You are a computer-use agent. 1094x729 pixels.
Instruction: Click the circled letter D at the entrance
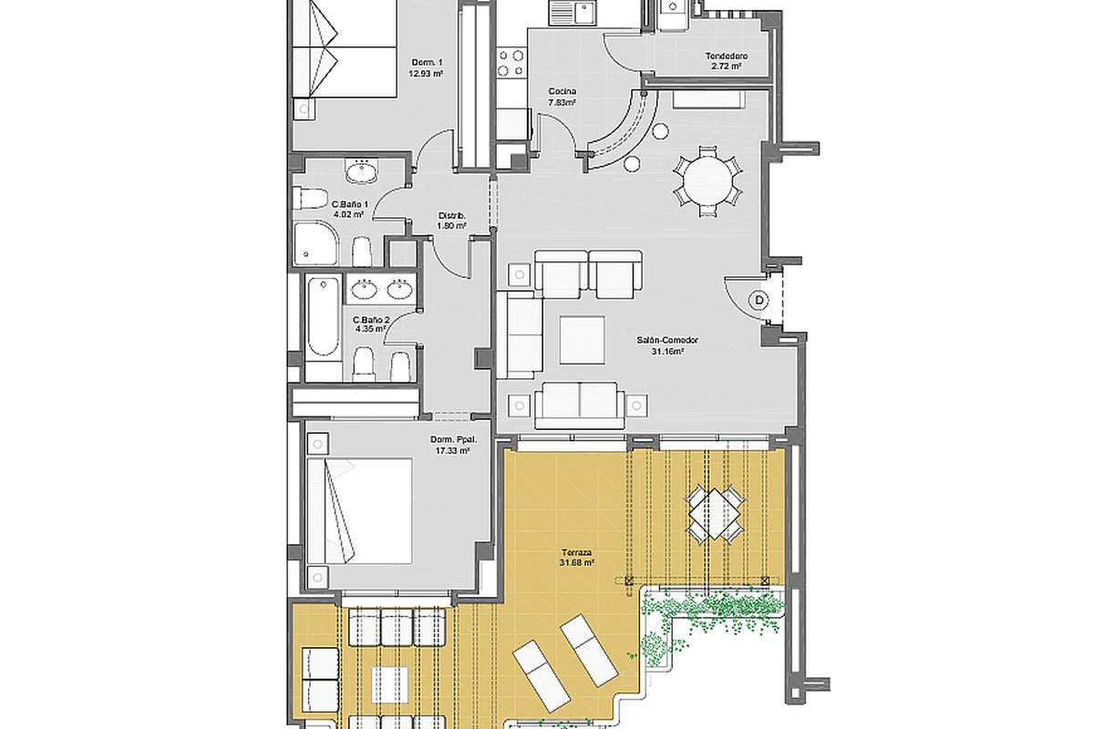(759, 301)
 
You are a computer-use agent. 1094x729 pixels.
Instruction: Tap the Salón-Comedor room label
(667, 340)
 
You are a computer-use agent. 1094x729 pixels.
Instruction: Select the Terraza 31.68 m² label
(577, 558)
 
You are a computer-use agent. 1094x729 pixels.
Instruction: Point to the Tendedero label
(727, 56)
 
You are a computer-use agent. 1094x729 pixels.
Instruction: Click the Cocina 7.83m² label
(562, 97)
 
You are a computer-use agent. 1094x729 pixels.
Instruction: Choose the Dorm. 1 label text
(427, 63)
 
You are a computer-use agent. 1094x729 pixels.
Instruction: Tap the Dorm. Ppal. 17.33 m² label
(453, 445)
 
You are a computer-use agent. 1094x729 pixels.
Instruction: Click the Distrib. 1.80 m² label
(452, 221)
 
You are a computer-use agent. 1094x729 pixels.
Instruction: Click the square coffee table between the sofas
(583, 340)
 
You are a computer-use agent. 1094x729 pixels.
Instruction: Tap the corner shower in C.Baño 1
(316, 243)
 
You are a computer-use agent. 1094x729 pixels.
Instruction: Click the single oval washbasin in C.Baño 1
(361, 172)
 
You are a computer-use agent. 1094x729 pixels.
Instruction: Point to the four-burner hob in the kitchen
(511, 63)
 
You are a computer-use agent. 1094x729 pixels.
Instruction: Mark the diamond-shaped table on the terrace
(715, 513)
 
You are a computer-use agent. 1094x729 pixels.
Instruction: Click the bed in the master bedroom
(359, 510)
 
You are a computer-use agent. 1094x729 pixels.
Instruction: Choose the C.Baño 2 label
(371, 324)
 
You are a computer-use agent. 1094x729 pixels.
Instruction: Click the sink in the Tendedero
(673, 8)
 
